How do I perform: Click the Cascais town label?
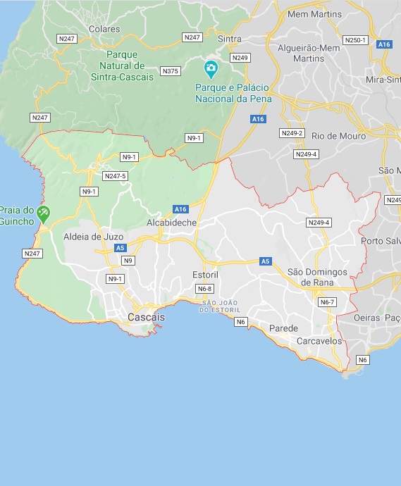coord(146,318)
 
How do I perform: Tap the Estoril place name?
coord(206,273)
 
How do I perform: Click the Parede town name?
coord(283,328)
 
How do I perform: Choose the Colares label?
coord(104,29)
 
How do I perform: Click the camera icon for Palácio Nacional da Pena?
coord(210,69)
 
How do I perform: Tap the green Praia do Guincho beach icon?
coord(43,213)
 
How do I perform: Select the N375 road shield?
coord(171,71)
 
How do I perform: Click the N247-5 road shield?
coord(115,176)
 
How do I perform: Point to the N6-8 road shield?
coord(204,289)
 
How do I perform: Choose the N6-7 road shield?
coord(327,302)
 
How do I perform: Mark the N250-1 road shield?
coord(355,40)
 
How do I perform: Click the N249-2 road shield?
coord(291,133)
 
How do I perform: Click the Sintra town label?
coord(230,38)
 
